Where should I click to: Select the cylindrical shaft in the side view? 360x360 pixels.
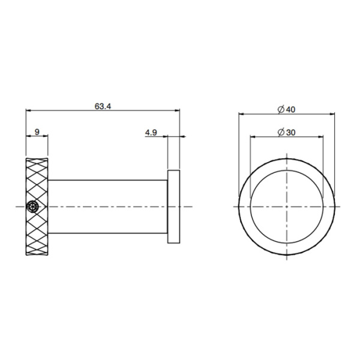(108, 206)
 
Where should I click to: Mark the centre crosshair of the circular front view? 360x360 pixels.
(287, 206)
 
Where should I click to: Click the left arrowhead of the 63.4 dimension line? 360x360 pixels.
(28, 110)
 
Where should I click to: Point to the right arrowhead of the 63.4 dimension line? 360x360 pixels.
(178, 110)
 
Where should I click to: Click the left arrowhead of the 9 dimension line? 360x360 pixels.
(28, 137)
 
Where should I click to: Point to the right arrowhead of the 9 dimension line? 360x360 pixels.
(46, 137)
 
